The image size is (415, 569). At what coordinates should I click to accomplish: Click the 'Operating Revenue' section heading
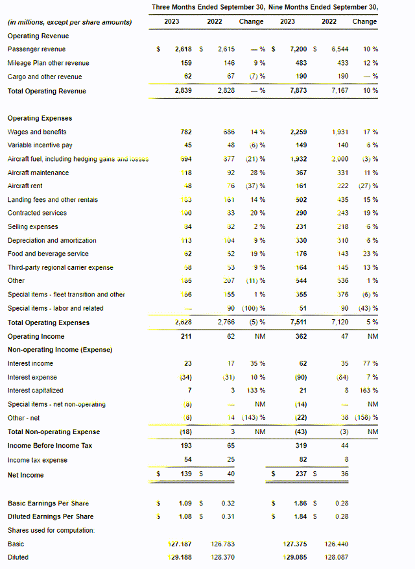pos(38,36)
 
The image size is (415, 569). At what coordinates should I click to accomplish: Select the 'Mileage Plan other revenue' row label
pos(49,63)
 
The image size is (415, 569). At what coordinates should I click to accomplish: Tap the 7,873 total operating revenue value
pos(287,91)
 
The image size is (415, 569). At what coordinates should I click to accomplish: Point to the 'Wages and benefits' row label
pos(35,132)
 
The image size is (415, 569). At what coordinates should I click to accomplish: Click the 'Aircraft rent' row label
pos(25,186)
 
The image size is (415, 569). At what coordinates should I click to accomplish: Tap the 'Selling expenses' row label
pos(32,227)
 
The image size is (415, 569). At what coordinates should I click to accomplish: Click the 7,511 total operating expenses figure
pos(287,322)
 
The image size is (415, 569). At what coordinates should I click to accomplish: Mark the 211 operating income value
pos(186,337)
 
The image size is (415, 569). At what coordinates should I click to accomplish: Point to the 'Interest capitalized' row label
pos(36,391)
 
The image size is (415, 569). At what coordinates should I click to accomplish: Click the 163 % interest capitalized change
pos(366,391)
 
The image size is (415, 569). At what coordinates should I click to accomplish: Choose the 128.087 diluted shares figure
pos(335,557)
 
